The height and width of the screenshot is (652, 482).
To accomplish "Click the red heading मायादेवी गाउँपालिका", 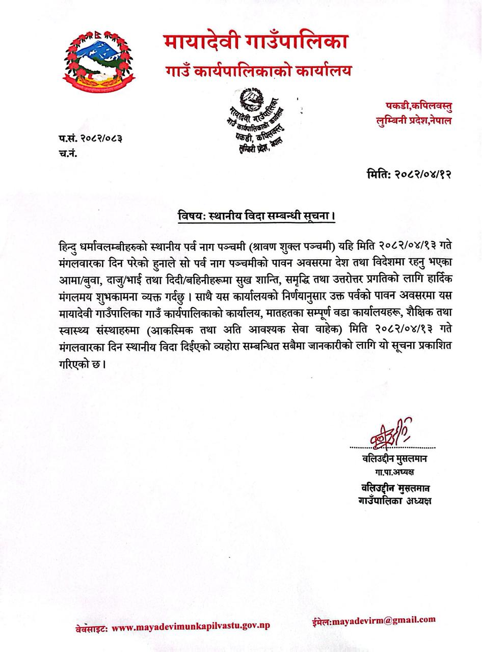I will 256,41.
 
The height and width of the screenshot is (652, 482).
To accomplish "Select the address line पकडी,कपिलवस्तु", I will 419,106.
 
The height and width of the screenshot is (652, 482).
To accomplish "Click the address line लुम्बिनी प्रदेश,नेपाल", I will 412,121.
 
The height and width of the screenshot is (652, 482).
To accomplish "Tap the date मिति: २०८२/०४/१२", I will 409,174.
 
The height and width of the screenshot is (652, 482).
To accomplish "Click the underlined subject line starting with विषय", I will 253,215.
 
